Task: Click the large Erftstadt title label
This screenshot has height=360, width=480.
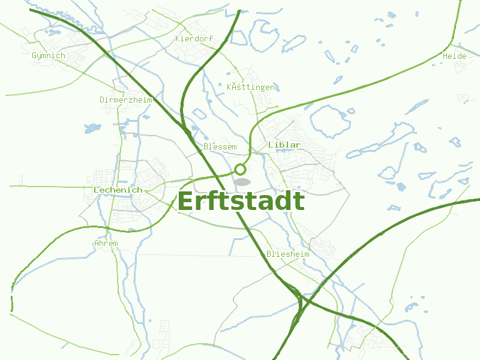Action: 241,201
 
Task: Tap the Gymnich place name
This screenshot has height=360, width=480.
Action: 48,56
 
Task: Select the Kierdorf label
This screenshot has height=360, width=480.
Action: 194,38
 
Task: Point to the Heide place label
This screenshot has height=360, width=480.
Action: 454,56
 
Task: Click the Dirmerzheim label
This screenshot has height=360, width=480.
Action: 126,100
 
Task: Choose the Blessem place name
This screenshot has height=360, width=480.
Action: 220,146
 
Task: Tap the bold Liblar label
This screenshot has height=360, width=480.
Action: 284,145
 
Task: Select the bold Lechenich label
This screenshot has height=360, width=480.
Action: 118,190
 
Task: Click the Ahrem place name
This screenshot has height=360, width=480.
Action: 106,244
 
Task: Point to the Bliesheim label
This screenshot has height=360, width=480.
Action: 288,254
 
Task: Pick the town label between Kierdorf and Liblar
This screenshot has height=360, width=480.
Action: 251,88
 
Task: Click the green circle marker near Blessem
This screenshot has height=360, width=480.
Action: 241,169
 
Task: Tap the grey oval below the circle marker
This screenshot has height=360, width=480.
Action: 242,181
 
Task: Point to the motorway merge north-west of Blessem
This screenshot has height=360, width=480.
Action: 187,128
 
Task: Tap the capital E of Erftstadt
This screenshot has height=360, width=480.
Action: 189,201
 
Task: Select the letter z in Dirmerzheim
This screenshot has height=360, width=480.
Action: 133,100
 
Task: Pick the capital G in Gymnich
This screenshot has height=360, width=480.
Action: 34,56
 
